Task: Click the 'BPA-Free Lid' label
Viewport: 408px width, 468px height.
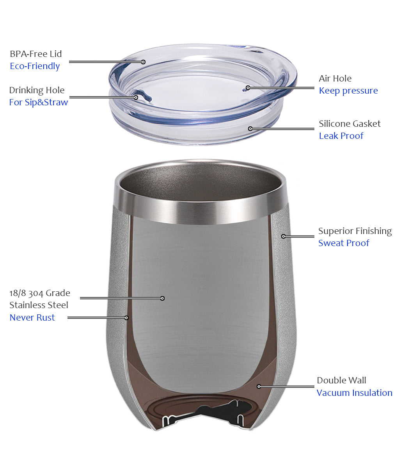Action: pos(35,54)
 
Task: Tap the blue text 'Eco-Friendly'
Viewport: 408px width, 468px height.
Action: pos(35,66)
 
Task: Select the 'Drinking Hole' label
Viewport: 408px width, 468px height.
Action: pos(37,90)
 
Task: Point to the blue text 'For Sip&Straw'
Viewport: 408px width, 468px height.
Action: pos(39,103)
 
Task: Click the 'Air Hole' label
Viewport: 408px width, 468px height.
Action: pos(335,78)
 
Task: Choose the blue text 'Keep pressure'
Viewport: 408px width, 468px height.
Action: pos(348,91)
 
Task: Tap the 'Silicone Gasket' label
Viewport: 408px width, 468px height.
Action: pos(349,124)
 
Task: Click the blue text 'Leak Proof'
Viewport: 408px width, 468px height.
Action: pos(341,136)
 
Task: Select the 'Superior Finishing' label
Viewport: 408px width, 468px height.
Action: pos(355,231)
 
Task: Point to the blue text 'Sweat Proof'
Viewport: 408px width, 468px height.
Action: pos(344,243)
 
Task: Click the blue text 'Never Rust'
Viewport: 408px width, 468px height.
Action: pos(32,317)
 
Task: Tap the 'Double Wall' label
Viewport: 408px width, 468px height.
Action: pos(341,380)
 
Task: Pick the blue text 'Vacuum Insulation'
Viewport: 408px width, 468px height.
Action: pos(355,393)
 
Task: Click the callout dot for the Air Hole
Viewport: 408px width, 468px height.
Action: pos(248,88)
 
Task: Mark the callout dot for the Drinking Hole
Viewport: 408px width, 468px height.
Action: pos(136,97)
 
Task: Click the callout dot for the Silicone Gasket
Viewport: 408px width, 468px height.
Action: pos(250,129)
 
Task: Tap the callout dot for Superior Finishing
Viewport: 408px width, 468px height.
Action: pos(283,236)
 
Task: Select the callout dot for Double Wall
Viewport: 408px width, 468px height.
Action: pos(259,386)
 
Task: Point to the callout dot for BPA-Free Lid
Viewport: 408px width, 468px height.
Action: pos(143,62)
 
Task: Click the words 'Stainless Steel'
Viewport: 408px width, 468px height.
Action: pos(39,305)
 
